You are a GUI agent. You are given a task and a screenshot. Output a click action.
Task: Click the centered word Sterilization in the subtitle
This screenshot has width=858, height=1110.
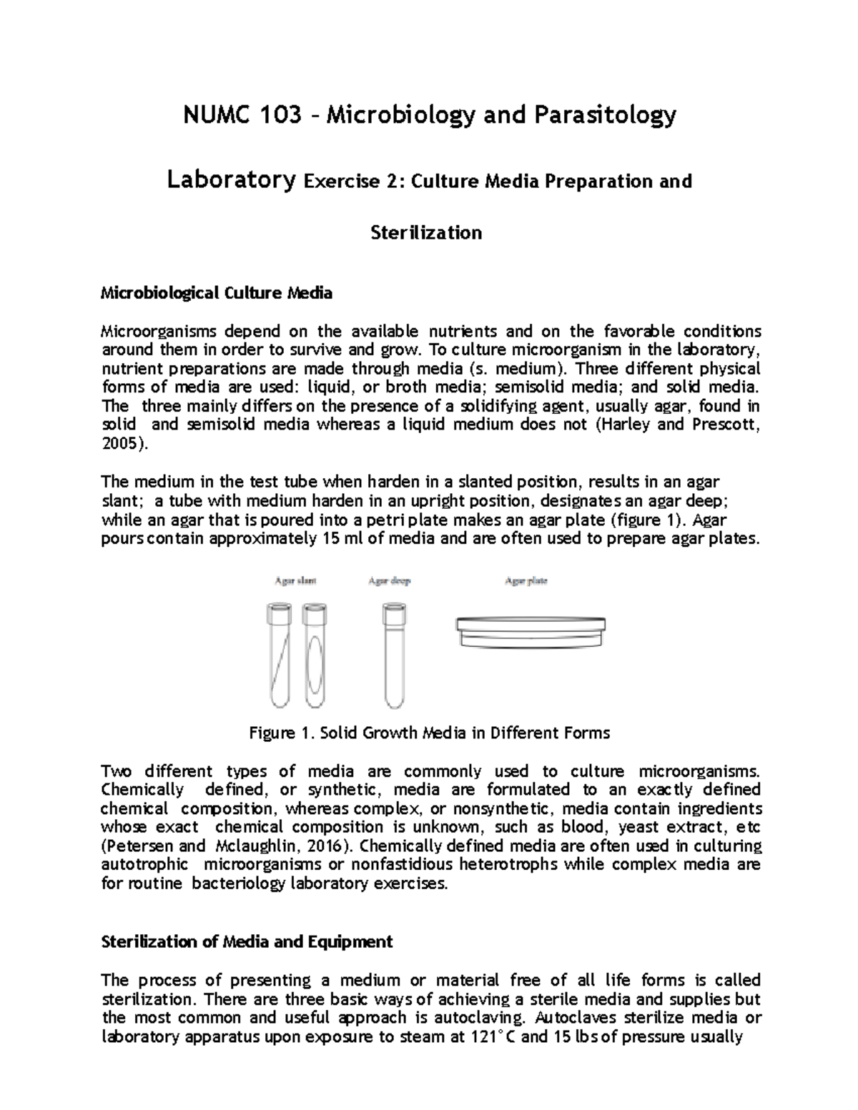tap(426, 232)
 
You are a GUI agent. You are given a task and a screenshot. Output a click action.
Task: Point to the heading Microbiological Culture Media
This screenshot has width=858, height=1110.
tap(216, 292)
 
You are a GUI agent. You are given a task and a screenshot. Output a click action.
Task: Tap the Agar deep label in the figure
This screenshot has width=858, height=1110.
tap(390, 581)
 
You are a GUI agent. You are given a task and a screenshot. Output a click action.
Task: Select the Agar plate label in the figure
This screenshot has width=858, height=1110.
tap(526, 581)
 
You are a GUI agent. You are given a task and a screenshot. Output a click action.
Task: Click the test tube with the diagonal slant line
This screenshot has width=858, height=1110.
tap(278, 655)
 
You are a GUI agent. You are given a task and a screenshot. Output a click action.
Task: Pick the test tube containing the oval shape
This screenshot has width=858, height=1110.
tap(314, 655)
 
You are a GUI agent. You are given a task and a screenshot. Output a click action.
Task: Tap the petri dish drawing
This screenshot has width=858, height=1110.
tap(531, 633)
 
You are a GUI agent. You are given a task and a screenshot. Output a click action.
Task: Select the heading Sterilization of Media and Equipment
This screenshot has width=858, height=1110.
tap(247, 941)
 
